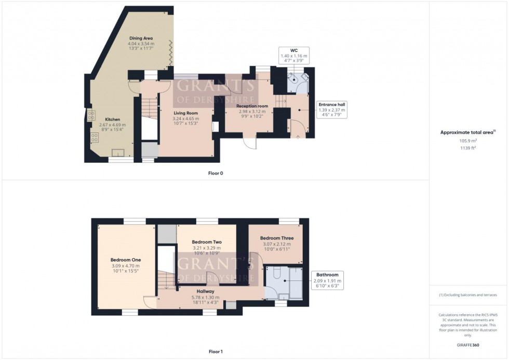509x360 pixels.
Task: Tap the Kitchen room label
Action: point(113,119)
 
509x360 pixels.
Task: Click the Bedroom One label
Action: point(126,260)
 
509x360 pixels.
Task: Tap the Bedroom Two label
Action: point(207,242)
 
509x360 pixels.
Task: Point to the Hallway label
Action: point(205,292)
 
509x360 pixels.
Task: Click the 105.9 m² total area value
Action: point(469,140)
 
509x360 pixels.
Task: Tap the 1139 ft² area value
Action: point(469,148)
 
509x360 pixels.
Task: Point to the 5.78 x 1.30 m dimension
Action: point(205,298)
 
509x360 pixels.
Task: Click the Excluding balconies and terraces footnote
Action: point(468,295)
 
